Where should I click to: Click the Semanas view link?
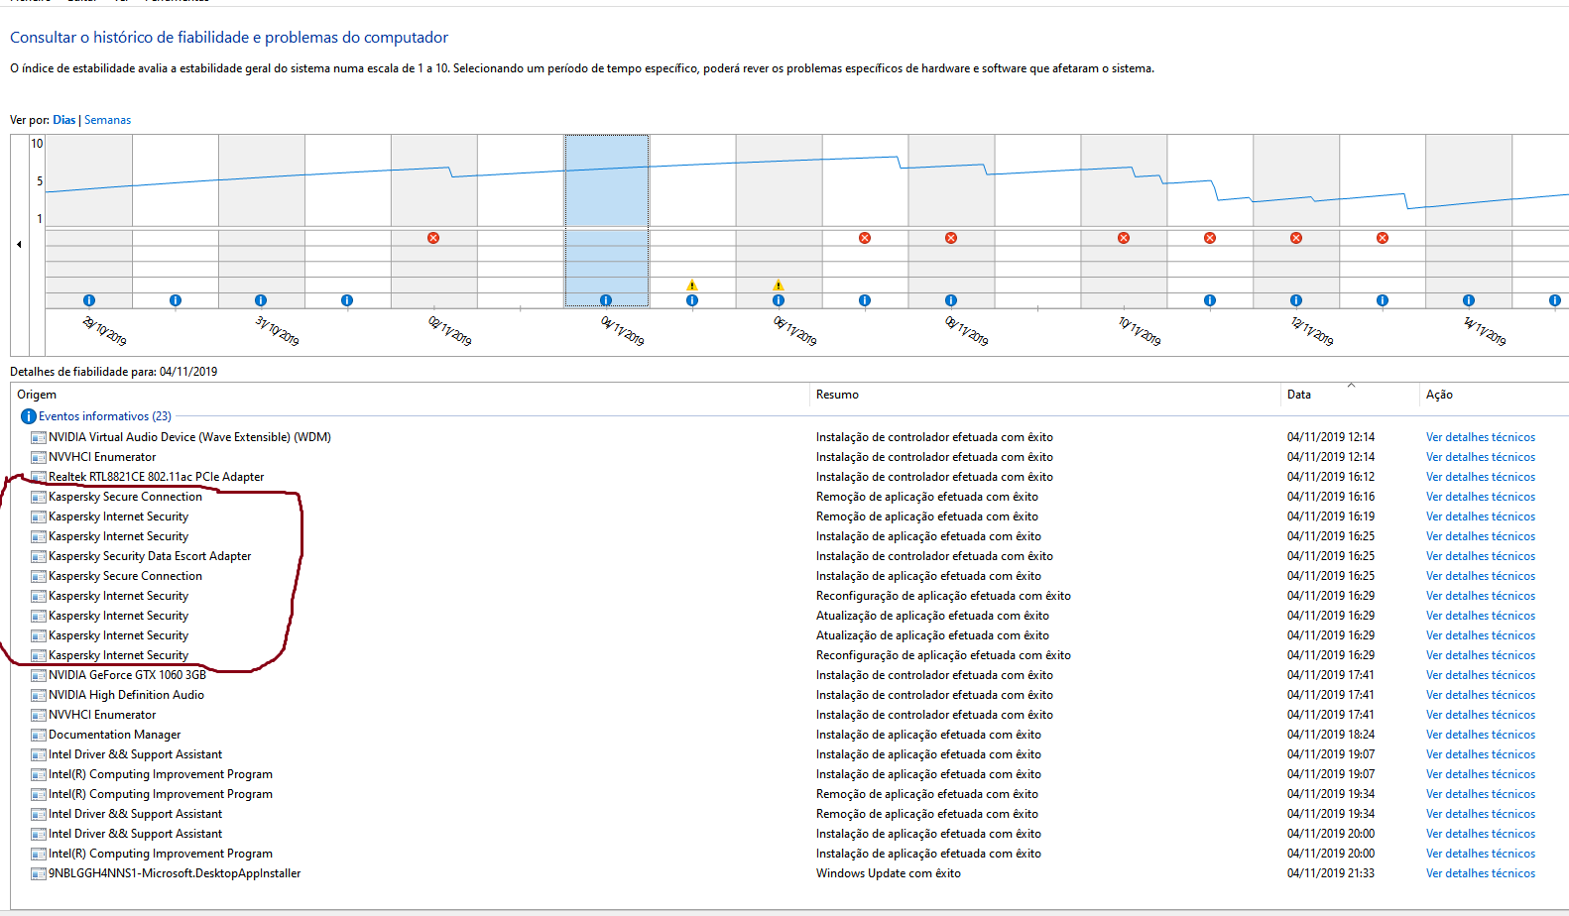[x=107, y=120]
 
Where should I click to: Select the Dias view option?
[x=63, y=120]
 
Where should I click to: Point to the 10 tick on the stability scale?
[x=37, y=144]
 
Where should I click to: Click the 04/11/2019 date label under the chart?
[x=623, y=331]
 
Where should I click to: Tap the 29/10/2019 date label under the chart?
[x=104, y=331]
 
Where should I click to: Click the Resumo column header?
[x=837, y=395]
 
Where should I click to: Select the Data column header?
[x=1298, y=395]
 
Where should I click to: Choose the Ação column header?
[x=1439, y=395]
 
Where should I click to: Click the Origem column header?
[x=37, y=395]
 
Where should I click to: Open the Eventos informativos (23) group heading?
[x=104, y=416]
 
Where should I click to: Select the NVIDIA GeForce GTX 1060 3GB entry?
[x=127, y=675]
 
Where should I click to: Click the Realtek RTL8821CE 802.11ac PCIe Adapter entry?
[x=156, y=477]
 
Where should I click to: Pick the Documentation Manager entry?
[x=114, y=735]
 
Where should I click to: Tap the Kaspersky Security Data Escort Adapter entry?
[x=150, y=556]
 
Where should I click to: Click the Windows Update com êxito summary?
[x=888, y=873]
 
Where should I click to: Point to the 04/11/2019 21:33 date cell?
[x=1330, y=873]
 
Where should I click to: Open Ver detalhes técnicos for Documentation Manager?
[x=1480, y=735]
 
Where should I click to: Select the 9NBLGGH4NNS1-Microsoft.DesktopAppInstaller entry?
[x=175, y=873]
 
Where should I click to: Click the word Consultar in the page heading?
[x=43, y=38]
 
